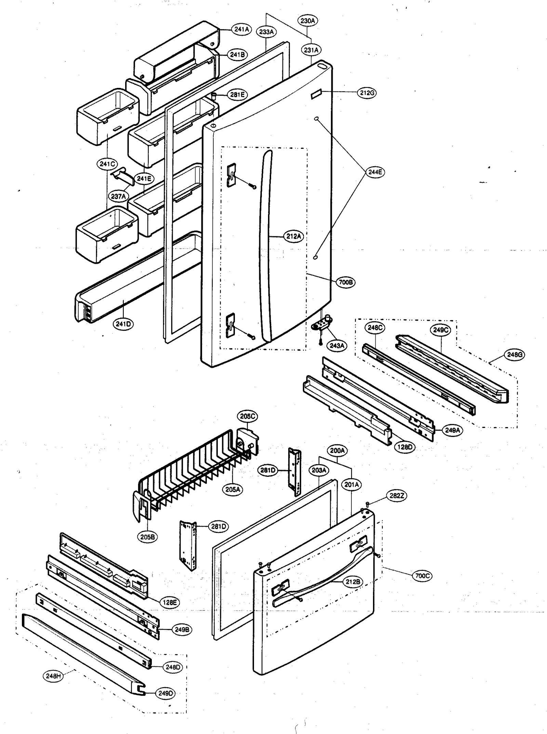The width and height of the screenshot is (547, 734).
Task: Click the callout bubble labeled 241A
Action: pyautogui.click(x=241, y=29)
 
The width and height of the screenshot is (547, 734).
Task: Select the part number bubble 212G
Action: pyautogui.click(x=366, y=93)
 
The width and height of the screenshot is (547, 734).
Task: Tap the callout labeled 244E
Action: pyautogui.click(x=375, y=172)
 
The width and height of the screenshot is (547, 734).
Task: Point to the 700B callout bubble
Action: pyautogui.click(x=346, y=282)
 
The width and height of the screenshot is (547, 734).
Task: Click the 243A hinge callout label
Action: pyautogui.click(x=337, y=345)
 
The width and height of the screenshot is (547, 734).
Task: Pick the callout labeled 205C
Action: pyautogui.click(x=248, y=416)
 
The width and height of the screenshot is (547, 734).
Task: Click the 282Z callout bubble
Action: pyautogui.click(x=397, y=496)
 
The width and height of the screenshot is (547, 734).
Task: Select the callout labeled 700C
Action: pyautogui.click(x=422, y=576)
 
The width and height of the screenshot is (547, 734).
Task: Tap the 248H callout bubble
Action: pyautogui.click(x=53, y=676)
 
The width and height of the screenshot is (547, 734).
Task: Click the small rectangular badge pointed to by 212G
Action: pyautogui.click(x=316, y=94)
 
